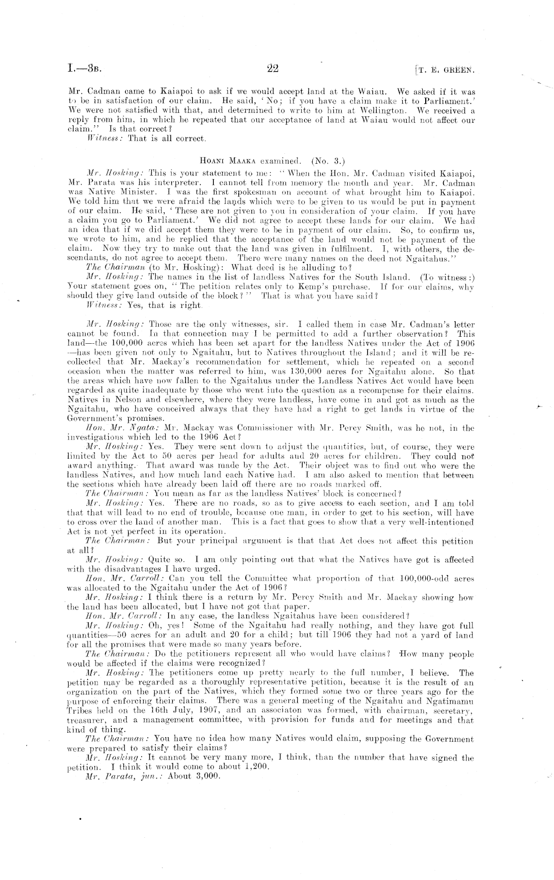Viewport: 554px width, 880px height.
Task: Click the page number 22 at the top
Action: [x=273, y=69]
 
